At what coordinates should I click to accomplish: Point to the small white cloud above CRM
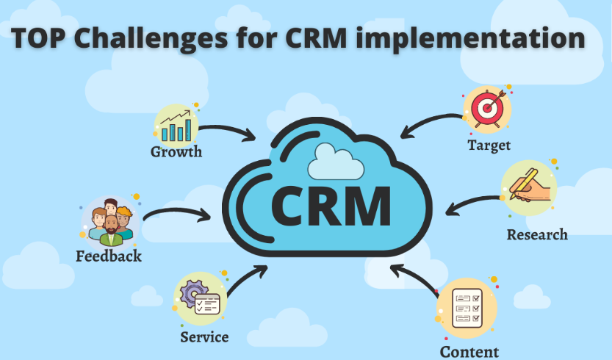click(336, 162)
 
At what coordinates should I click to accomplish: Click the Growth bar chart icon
click(176, 124)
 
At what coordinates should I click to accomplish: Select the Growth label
click(176, 152)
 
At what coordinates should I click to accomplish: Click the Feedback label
click(109, 256)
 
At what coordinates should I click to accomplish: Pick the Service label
click(204, 337)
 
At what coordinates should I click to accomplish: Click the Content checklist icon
click(466, 309)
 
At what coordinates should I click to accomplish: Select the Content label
click(469, 351)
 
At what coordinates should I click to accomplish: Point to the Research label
click(537, 234)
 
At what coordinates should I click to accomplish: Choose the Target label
click(489, 145)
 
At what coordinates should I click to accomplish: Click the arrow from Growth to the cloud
click(228, 131)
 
